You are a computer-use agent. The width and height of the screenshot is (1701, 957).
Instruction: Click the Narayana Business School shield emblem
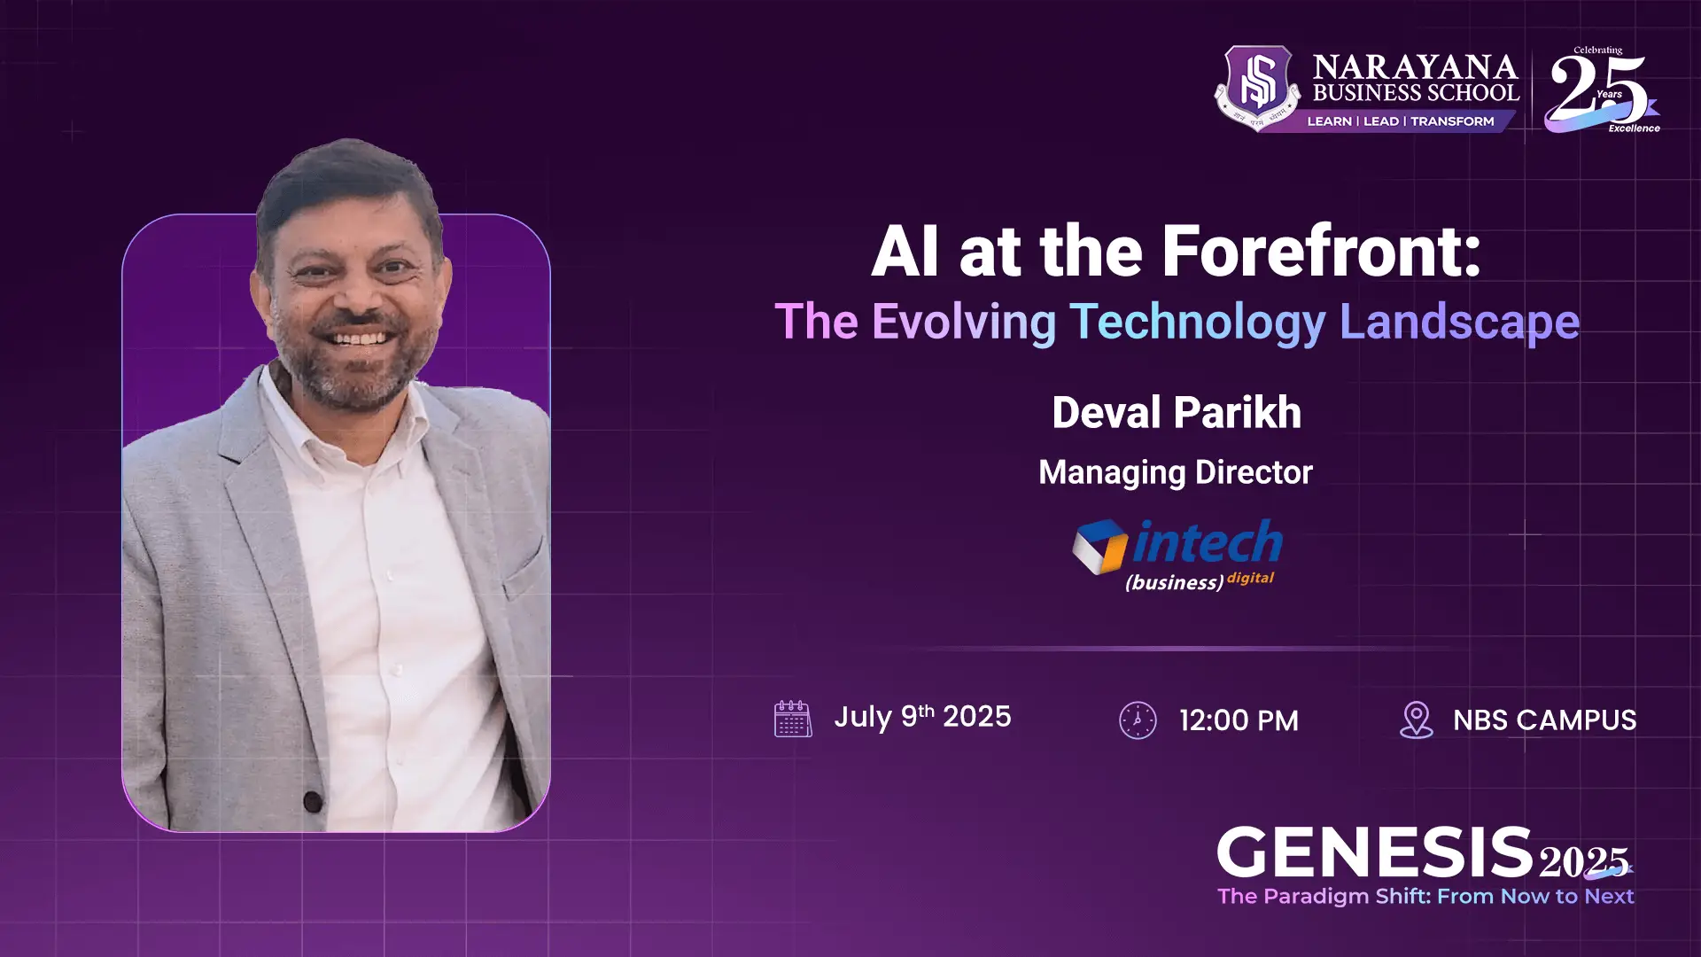(x=1258, y=86)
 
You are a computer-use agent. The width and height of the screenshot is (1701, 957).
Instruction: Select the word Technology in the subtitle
(x=1198, y=322)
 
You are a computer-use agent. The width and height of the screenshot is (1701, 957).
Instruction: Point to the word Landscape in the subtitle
(x=1459, y=322)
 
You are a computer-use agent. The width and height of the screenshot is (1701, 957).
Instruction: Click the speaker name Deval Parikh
(x=1177, y=413)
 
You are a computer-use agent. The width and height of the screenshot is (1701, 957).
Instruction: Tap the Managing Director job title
(x=1176, y=472)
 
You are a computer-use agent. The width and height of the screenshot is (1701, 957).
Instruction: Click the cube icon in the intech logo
(x=1099, y=546)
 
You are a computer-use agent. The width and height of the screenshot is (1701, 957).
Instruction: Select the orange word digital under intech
(x=1250, y=578)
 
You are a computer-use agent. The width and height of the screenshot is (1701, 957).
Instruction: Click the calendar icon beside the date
(x=792, y=719)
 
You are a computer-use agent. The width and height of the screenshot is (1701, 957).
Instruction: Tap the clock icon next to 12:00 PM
(x=1138, y=720)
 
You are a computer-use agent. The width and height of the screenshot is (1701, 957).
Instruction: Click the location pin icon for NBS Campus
(x=1416, y=720)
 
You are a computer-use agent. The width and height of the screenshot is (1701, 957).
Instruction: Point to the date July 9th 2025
(x=922, y=716)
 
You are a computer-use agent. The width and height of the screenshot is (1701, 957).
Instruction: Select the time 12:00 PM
(x=1239, y=720)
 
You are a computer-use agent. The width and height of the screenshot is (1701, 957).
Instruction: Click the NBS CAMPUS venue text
(x=1544, y=720)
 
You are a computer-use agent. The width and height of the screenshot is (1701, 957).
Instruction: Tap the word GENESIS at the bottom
(x=1374, y=852)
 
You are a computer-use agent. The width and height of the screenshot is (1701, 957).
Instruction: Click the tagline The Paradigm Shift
(x=1425, y=896)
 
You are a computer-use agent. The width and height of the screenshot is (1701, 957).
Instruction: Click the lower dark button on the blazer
(x=313, y=802)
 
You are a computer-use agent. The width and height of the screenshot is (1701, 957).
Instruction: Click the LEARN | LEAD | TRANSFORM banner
(x=1400, y=121)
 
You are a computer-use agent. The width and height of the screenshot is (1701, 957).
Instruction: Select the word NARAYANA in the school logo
(x=1415, y=67)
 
